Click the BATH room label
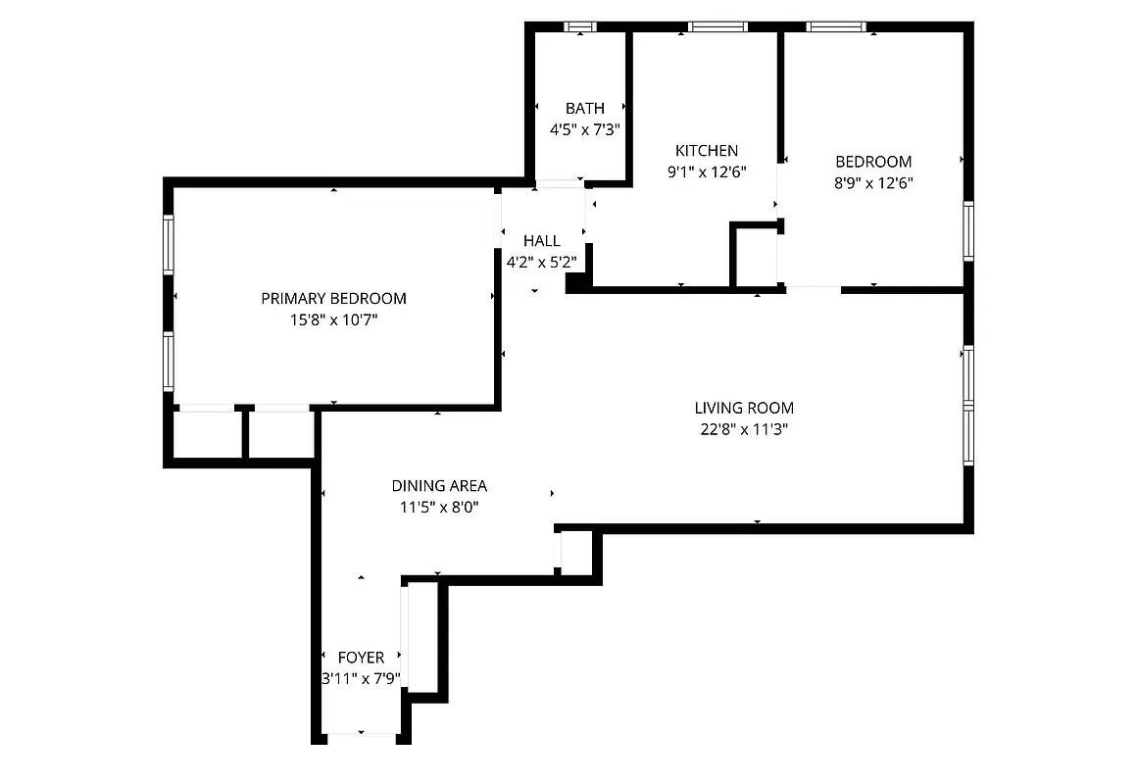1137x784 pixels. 585,108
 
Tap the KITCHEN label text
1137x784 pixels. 707,151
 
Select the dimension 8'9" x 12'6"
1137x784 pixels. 873,182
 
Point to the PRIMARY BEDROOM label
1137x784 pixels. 333,299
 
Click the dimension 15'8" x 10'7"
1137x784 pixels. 333,319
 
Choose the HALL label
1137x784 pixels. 541,241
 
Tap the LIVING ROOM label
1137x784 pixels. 744,408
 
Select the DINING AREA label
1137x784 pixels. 439,486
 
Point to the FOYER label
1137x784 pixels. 361,658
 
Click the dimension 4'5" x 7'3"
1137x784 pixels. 585,128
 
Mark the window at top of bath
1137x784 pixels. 580,27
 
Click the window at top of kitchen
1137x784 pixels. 717,27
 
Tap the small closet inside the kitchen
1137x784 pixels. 756,257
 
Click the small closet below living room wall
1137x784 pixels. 576,551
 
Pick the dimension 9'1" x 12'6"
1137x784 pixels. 707,171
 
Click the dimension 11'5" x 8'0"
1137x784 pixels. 439,507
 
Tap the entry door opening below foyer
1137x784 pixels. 361,734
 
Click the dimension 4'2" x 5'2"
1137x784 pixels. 541,262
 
